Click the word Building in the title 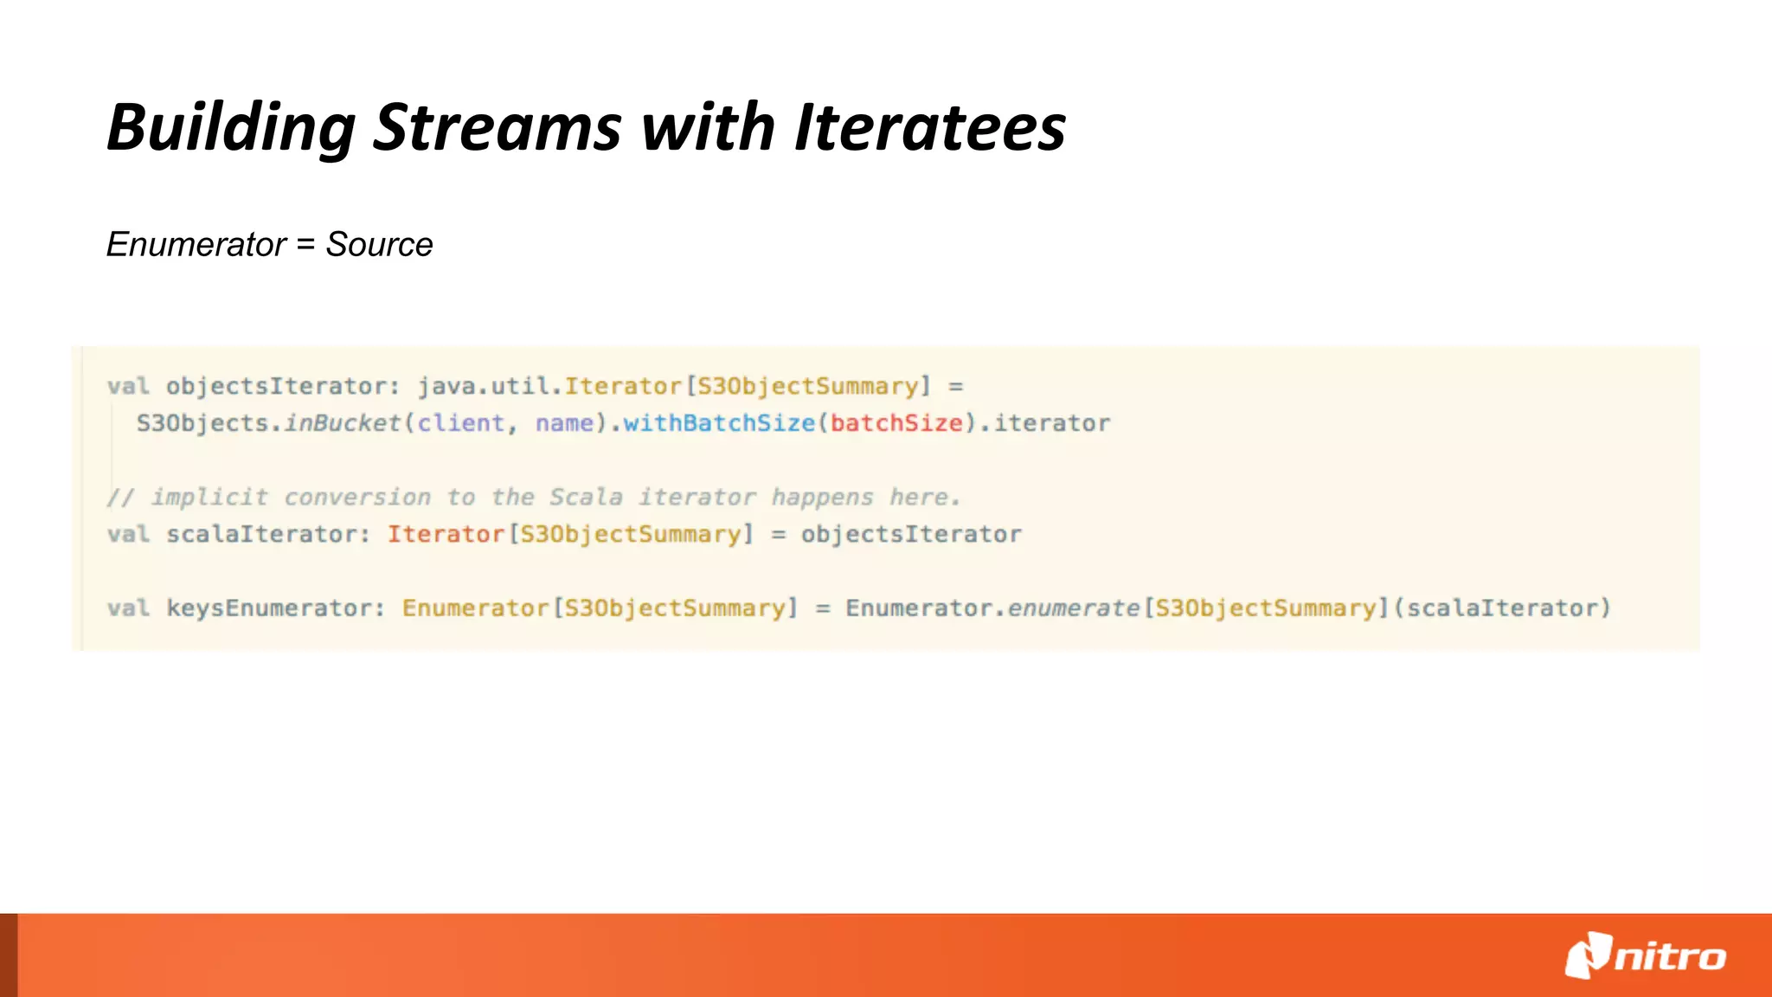231,128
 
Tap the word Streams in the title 497,128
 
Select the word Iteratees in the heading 930,128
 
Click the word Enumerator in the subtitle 196,245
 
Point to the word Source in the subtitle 379,245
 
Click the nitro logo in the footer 1645,955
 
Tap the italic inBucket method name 343,423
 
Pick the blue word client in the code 461,423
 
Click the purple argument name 564,423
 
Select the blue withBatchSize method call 719,423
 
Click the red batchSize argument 896,423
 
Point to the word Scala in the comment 586,498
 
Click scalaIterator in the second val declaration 260,534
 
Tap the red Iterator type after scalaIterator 446,534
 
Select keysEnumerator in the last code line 268,608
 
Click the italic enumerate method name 1074,608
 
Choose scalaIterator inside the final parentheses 1502,608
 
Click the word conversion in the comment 357,498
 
